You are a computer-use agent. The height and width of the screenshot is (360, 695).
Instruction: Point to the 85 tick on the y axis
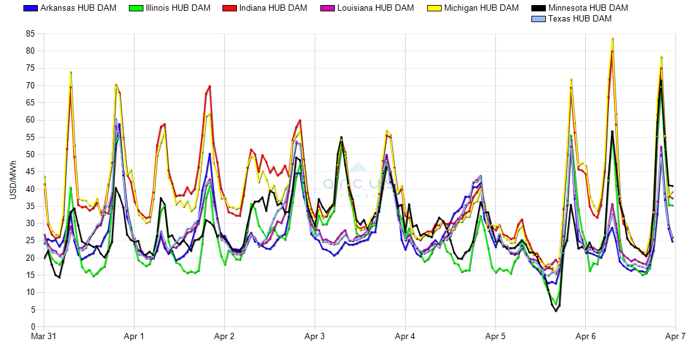point(30,33)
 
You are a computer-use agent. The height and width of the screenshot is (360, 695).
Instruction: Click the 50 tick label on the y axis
point(30,154)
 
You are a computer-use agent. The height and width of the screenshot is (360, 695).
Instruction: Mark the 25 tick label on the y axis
point(30,241)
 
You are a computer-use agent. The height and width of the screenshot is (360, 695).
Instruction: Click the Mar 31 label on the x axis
point(44,337)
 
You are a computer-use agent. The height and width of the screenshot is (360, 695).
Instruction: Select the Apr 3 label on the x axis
point(315,337)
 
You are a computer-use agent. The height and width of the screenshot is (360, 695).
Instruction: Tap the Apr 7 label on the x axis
point(675,337)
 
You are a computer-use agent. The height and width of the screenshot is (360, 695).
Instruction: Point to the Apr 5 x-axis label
point(495,337)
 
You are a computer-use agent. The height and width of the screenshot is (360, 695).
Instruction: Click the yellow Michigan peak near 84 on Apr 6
point(612,39)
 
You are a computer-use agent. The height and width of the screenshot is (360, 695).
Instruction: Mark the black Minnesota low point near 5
point(556,311)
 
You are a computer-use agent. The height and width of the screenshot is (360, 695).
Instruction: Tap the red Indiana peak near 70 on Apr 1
point(209,86)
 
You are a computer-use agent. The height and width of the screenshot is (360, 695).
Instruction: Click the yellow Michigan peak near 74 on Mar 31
point(71,72)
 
